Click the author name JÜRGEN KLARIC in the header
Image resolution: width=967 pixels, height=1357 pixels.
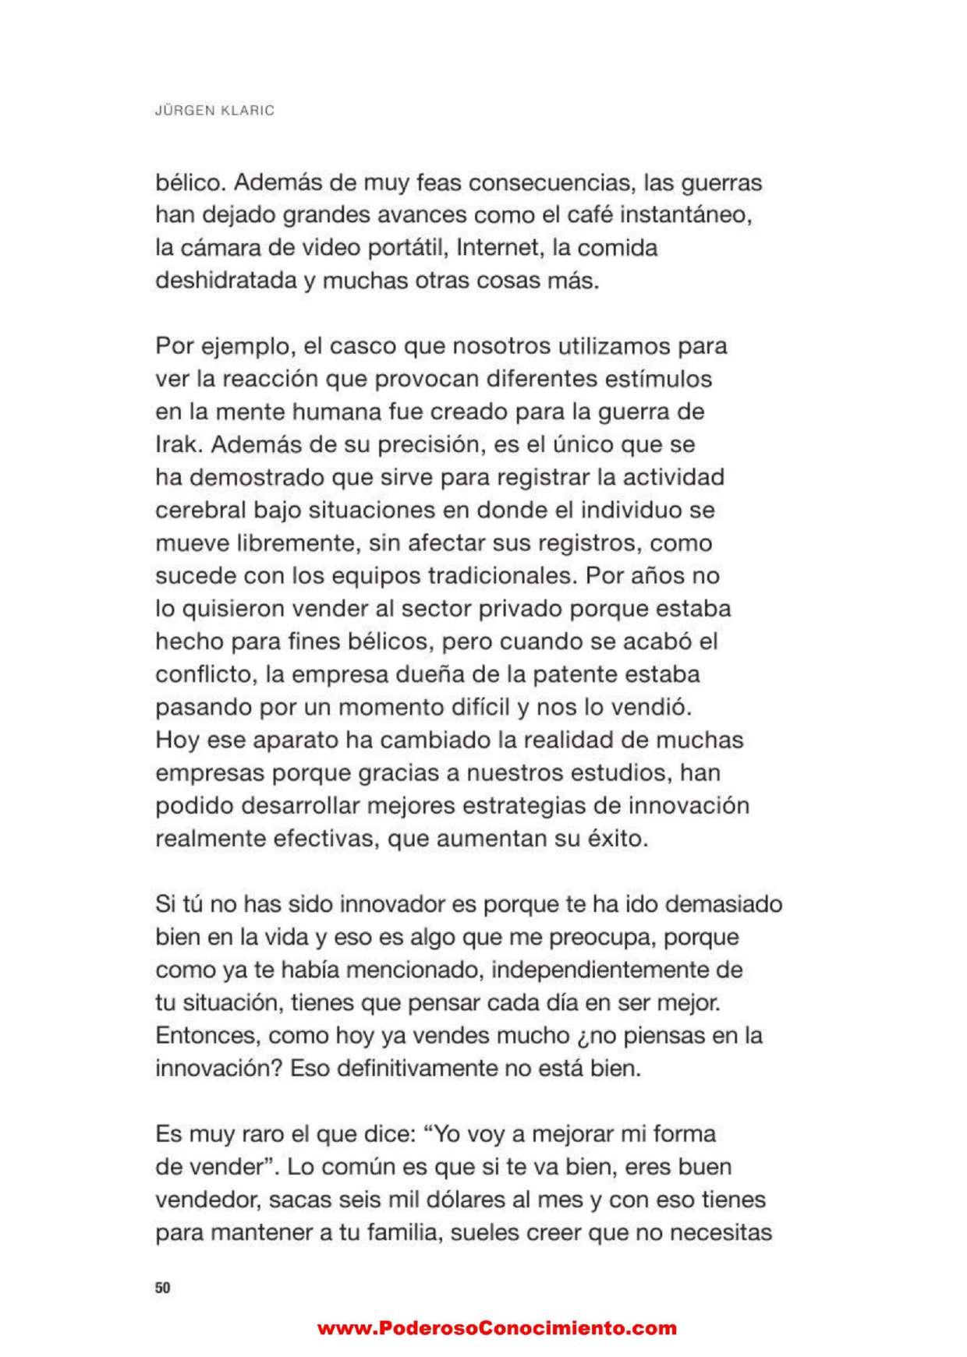(214, 111)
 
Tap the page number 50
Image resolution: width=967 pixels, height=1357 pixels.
(162, 1288)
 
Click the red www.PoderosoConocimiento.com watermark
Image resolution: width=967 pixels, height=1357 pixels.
(497, 1328)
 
